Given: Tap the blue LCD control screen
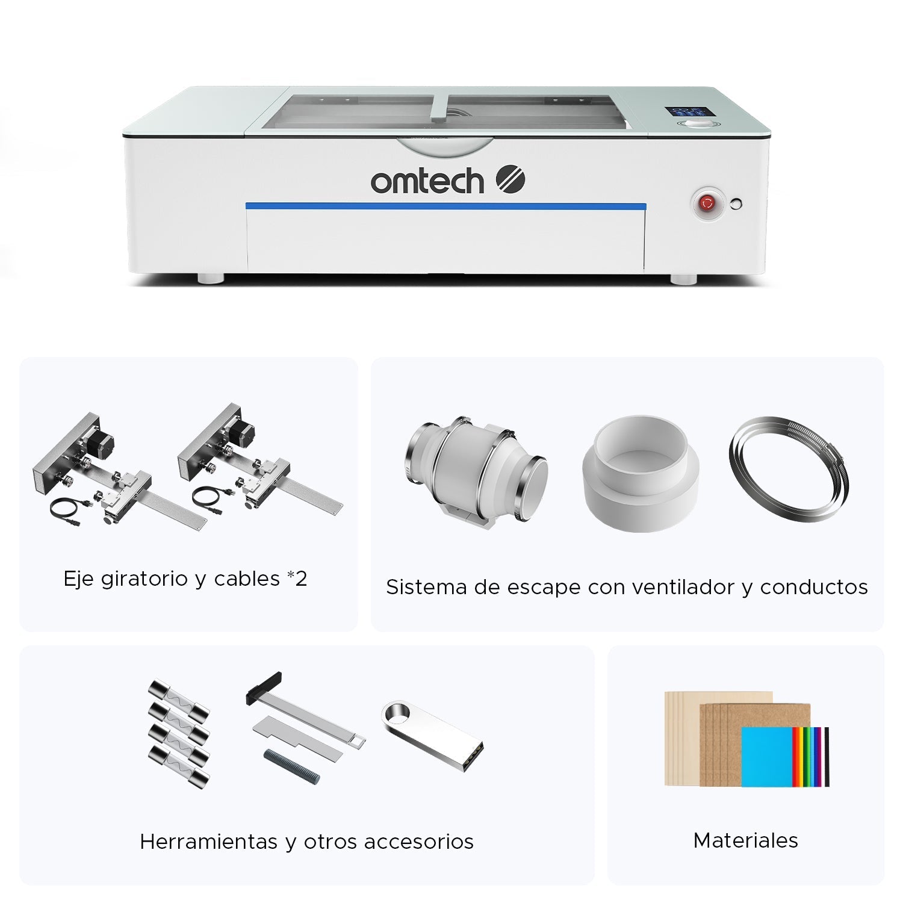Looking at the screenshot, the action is tap(686, 113).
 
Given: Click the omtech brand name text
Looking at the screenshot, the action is tap(427, 181).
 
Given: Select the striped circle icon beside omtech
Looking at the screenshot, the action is tap(510, 179).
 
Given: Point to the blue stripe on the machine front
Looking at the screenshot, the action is tap(446, 206).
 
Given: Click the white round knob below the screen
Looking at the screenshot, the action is tap(697, 124).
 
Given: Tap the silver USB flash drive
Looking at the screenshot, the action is tap(432, 735).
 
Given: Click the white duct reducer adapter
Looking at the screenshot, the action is tap(641, 473).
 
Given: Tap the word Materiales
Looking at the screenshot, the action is tap(746, 840).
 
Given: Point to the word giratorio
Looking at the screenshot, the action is tap(144, 579).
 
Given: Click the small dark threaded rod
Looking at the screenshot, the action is tap(291, 766).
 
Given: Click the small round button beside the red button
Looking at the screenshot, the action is tap(736, 203).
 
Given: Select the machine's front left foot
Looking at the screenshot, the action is tap(211, 279).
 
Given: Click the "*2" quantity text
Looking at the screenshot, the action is tap(297, 579).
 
